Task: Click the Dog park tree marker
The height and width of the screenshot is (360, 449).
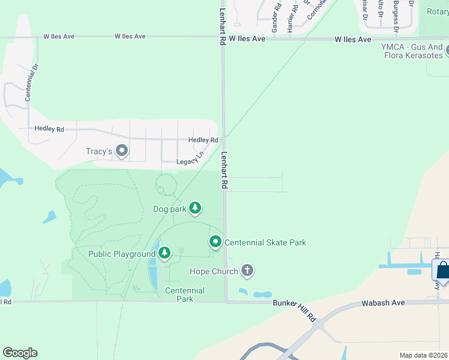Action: coord(195,208)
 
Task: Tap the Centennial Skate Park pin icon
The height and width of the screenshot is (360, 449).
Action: coord(215,242)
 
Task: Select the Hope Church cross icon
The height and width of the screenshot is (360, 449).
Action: coord(247,271)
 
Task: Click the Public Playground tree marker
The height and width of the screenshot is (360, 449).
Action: coord(164,254)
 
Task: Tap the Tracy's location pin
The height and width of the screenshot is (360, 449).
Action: coord(122,151)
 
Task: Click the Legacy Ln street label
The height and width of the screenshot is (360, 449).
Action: coord(190,161)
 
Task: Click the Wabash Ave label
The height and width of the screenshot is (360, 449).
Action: coord(384,304)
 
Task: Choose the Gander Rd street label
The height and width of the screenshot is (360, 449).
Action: coord(276,19)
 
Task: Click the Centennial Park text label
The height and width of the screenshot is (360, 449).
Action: coord(185,295)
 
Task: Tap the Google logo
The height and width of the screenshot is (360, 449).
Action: coord(20,353)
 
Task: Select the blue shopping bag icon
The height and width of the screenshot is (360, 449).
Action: coord(442,271)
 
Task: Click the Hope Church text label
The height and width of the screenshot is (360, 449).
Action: coord(213,271)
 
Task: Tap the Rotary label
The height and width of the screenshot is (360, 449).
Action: coord(437,11)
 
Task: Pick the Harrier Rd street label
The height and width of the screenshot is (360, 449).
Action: coord(291,18)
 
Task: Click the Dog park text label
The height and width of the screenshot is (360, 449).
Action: coord(169,209)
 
